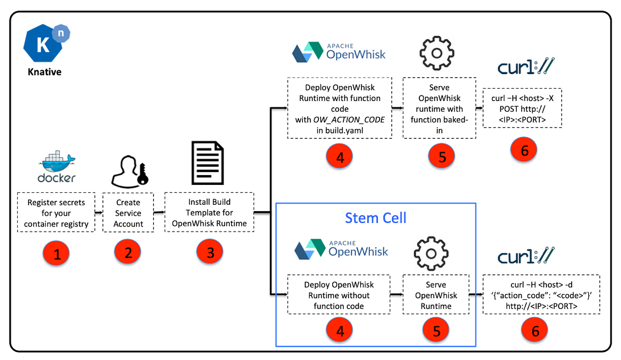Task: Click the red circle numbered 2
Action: point(127,252)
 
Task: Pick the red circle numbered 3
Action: point(210,252)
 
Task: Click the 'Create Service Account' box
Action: point(128,212)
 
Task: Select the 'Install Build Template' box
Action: point(209,212)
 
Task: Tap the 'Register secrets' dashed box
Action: point(56,212)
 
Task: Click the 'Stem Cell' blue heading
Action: point(376,218)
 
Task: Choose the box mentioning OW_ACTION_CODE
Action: point(339,109)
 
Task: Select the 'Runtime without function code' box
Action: point(339,295)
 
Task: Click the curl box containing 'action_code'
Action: point(541,295)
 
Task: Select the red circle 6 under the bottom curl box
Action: point(535,331)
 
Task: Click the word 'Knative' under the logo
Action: point(44,71)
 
